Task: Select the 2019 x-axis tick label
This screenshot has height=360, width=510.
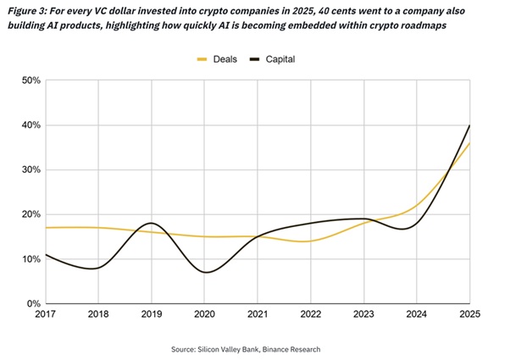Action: [x=152, y=315]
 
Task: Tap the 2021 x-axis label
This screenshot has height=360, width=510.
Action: [x=258, y=315]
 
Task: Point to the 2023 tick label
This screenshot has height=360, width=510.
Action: [x=363, y=315]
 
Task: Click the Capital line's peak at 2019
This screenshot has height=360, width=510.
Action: [x=152, y=223]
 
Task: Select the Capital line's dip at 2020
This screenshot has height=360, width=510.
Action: [x=205, y=272]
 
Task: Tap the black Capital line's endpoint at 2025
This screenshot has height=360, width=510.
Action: [x=468, y=125]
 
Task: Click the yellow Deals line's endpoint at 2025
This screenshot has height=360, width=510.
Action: [x=468, y=143]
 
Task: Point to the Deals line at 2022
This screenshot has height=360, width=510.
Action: [x=310, y=241]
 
